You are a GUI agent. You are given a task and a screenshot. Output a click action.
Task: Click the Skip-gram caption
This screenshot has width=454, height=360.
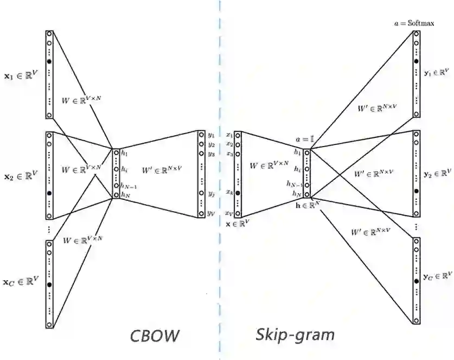coord(296,334)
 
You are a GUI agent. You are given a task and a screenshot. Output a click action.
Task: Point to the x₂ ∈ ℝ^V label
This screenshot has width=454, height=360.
coord(21,176)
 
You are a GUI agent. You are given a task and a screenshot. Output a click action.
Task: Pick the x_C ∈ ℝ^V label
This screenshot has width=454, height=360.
coord(21,281)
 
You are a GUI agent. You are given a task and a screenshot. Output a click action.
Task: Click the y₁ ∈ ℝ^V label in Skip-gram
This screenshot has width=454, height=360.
coord(437,72)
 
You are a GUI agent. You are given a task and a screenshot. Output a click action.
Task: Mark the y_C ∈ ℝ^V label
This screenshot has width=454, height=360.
coord(437,276)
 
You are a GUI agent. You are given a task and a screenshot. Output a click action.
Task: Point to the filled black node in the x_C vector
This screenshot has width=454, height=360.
coord(49,284)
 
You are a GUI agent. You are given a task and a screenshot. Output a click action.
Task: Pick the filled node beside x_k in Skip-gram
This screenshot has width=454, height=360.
coord(238,193)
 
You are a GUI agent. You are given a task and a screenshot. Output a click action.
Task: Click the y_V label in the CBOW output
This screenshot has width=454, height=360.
coord(210,214)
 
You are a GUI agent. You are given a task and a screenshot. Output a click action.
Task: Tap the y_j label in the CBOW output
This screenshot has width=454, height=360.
coord(210,194)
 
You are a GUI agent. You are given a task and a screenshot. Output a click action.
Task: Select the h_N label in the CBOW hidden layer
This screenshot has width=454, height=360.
coord(126,194)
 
